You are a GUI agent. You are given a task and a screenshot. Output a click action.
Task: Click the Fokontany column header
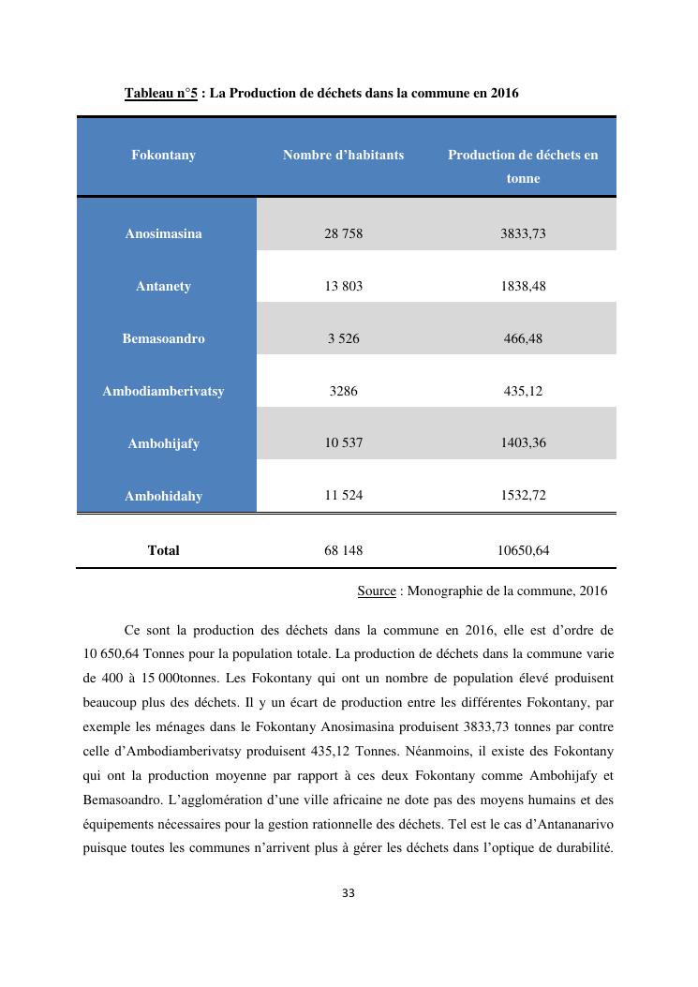click(163, 155)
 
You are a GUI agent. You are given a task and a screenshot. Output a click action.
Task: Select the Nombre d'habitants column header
click(343, 155)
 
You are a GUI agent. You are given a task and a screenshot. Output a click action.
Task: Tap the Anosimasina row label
click(163, 233)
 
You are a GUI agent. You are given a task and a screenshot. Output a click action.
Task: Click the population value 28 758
click(343, 233)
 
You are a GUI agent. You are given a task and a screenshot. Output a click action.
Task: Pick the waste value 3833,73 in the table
click(523, 233)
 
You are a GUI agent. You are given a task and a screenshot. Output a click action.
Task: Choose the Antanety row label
click(163, 286)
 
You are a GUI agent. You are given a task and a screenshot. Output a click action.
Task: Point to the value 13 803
click(343, 286)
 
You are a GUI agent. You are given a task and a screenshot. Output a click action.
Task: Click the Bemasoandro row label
click(163, 338)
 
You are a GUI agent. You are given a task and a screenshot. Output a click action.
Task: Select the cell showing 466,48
click(523, 338)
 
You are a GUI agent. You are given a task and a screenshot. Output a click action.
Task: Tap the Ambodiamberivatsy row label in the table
click(163, 391)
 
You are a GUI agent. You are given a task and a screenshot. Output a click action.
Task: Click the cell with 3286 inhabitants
click(343, 391)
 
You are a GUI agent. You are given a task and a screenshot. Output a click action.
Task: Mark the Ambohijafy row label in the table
click(163, 443)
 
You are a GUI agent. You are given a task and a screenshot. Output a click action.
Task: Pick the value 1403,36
click(523, 443)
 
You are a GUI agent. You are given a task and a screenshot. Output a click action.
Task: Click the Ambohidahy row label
click(163, 496)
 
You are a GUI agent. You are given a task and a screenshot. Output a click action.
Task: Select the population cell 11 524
click(343, 496)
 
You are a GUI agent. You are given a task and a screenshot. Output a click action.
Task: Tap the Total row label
click(163, 550)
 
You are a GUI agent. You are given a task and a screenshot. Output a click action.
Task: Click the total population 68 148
click(343, 550)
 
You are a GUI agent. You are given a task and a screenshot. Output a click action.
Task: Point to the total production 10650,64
click(523, 550)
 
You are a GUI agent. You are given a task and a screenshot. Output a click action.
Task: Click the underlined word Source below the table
click(377, 591)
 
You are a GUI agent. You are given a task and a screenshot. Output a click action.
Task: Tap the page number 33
click(349, 893)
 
